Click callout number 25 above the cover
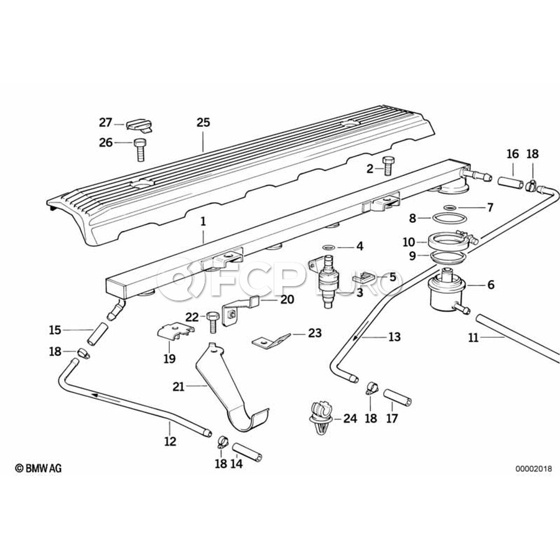[x=203, y=123]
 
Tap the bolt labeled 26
[x=139, y=149]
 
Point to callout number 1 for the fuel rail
[x=203, y=221]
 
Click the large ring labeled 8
[x=448, y=218]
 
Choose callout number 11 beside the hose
[x=474, y=338]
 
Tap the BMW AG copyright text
[x=39, y=467]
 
